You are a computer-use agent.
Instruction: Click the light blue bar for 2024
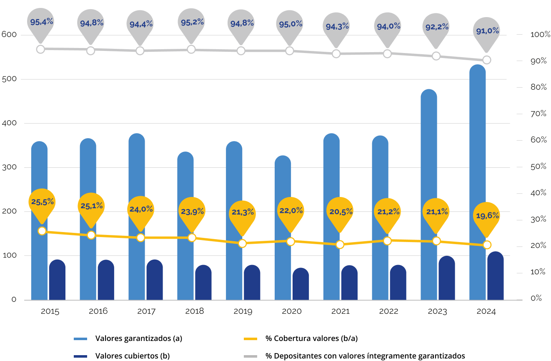[477, 184]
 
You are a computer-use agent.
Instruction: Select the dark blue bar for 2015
[57, 280]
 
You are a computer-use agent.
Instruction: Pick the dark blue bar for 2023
[447, 278]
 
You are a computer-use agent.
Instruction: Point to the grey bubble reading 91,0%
[487, 32]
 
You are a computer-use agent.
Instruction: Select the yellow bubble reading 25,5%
[42, 202]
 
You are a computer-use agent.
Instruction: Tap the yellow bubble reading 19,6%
[487, 216]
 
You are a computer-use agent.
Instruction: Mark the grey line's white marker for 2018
[191, 49]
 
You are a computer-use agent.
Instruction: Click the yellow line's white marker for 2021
[340, 245]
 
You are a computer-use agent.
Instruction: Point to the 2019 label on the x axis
[243, 312]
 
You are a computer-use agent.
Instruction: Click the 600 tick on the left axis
[9, 35]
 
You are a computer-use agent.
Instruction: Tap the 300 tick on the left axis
[9, 167]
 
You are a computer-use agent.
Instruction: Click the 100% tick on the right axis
[540, 35]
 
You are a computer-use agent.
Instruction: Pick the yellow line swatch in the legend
[250, 339]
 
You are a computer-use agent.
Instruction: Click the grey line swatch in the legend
[250, 356]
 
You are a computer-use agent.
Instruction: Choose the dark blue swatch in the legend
[80, 356]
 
